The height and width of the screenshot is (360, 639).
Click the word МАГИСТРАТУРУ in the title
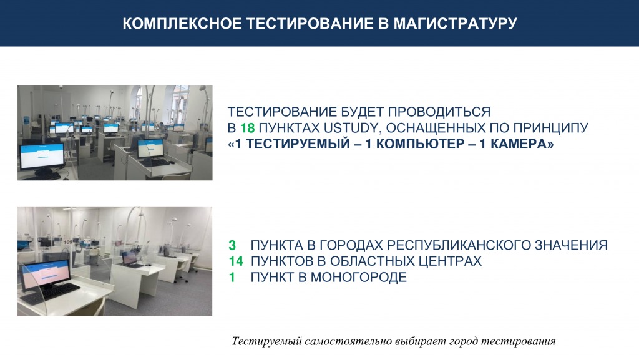click(455, 23)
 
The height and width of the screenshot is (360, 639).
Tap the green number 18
click(247, 128)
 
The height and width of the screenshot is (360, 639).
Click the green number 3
click(232, 245)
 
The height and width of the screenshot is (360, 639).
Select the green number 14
click(235, 261)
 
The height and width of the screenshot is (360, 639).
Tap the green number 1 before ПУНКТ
click(232, 277)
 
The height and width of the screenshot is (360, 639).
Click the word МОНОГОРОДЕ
click(359, 277)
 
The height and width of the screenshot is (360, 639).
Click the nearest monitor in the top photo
click(42, 157)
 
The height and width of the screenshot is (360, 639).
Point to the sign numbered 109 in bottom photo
click(67, 242)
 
